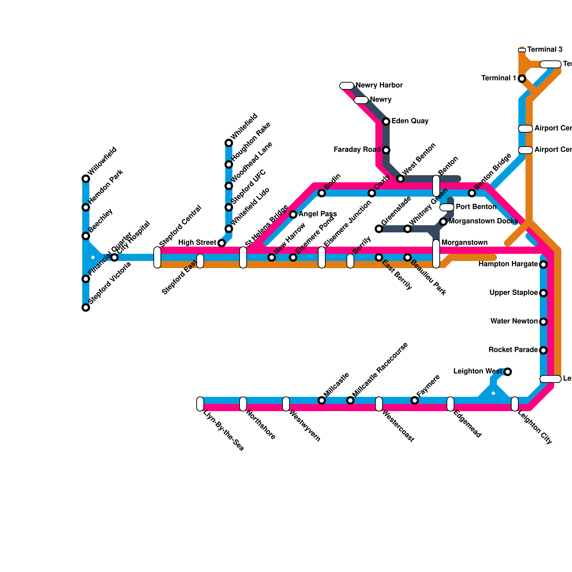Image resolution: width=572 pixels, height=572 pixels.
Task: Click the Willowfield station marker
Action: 86,179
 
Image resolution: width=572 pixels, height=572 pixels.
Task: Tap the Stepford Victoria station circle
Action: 86,307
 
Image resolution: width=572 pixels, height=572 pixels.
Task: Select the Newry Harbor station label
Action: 379,85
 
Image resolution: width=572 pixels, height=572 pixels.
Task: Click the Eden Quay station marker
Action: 386,122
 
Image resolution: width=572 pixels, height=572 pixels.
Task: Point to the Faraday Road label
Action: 357,150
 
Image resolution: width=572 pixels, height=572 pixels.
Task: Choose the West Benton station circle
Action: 400,179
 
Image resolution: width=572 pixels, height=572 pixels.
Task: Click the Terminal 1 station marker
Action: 522,78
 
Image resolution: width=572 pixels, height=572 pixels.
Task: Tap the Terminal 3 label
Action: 545,50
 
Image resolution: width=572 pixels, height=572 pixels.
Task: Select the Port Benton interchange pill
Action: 447,207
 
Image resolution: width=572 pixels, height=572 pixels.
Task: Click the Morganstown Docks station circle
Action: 443,222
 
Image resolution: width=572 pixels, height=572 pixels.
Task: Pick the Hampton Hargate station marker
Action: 543,265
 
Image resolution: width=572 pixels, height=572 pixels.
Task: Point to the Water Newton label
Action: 514,321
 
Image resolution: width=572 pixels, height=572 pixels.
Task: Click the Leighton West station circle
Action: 508,372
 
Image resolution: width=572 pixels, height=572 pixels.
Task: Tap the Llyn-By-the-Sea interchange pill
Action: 200,404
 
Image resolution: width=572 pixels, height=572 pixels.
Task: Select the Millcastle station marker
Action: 322,400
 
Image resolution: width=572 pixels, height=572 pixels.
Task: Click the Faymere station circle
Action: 415,400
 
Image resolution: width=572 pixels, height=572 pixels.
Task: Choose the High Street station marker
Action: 222,243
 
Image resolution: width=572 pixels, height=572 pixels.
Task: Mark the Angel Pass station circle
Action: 293,214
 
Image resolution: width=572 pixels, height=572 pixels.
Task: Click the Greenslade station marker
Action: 379,229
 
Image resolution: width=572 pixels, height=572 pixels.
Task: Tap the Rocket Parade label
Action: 513,350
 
